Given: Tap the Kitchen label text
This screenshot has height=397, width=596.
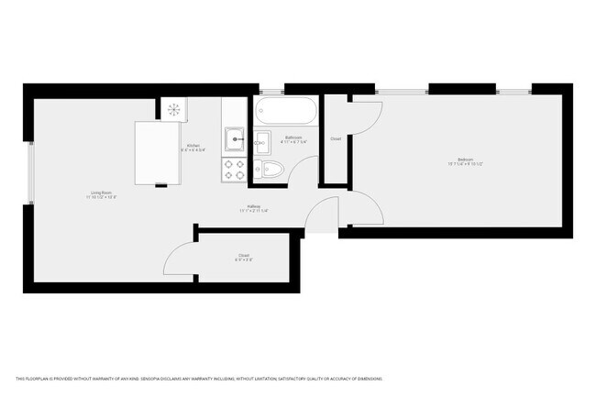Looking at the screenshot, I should click(x=193, y=146).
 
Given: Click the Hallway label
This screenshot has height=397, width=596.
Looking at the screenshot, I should click(x=253, y=205).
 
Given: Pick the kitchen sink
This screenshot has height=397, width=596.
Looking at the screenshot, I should click(x=236, y=140).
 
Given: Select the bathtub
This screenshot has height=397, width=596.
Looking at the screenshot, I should click(x=287, y=114).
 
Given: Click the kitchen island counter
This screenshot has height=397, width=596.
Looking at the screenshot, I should click(x=158, y=151).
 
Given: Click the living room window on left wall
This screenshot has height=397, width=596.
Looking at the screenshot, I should click(x=29, y=174).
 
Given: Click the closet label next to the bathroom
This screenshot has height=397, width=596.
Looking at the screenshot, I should click(x=336, y=138).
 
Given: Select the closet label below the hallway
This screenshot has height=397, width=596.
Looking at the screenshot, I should click(x=243, y=255).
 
